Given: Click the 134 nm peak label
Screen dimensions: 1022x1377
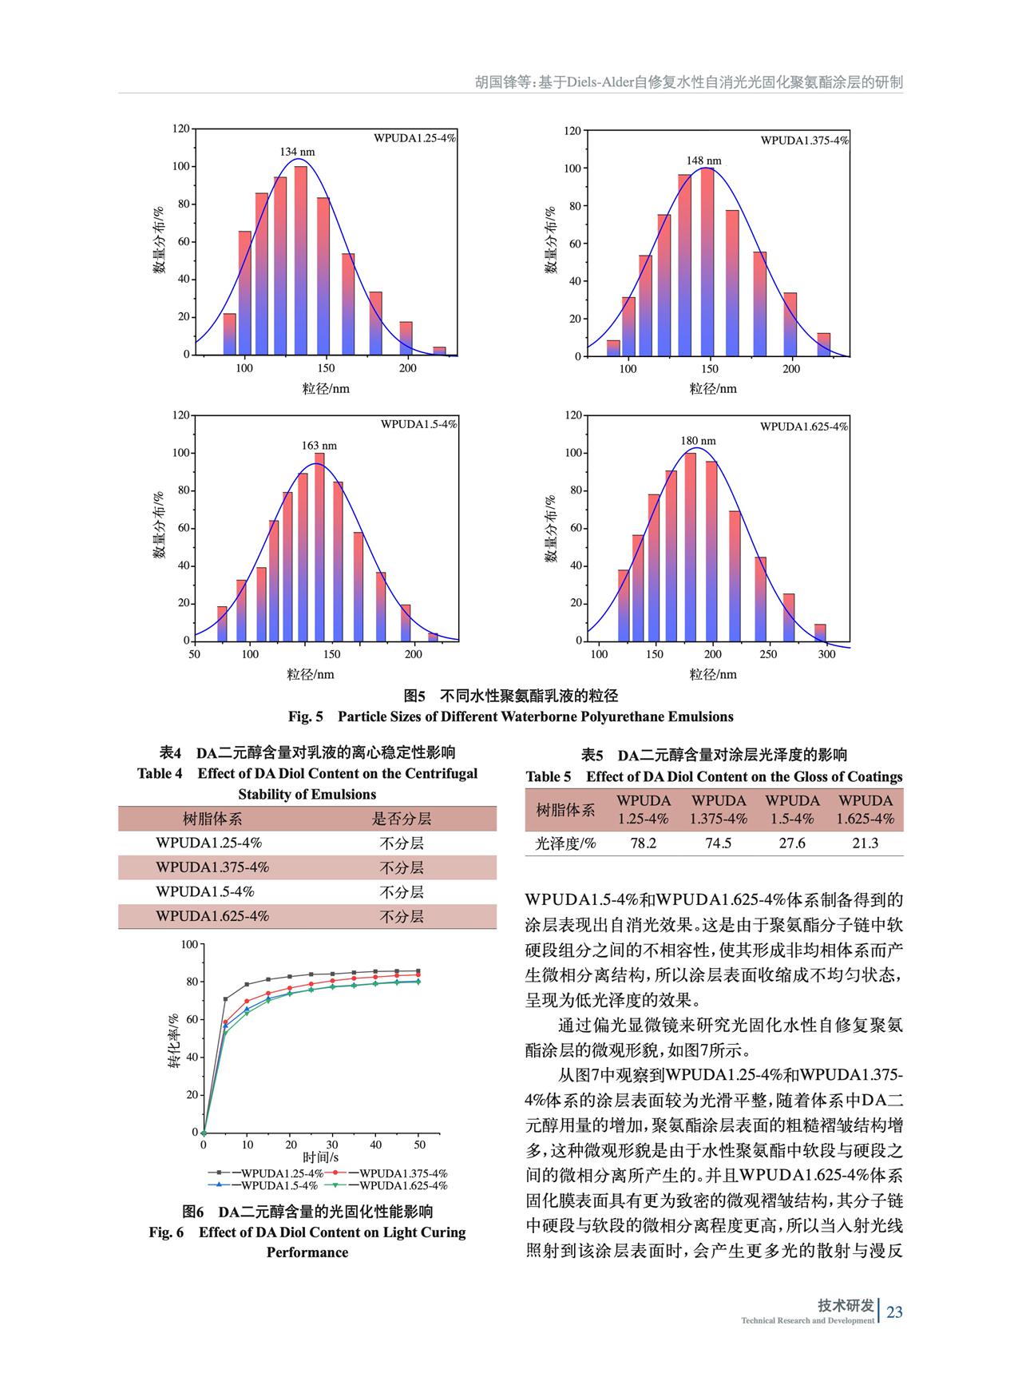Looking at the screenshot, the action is pos(297,152).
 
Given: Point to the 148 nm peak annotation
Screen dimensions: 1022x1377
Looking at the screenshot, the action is pos(704,161).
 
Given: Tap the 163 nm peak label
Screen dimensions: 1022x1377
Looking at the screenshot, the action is pos(319,446).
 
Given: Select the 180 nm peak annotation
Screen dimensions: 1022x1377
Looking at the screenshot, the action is pos(698,441).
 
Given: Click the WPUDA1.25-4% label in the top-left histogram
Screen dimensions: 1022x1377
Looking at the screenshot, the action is pos(415,137).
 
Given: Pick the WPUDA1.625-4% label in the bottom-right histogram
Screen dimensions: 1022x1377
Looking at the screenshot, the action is pos(804,427).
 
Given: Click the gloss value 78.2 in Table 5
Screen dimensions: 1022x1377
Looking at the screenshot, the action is pos(643,843).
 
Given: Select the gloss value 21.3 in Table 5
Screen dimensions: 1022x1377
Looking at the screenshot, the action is pos(866,843).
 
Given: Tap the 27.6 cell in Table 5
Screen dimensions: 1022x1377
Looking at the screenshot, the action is pos(792,843).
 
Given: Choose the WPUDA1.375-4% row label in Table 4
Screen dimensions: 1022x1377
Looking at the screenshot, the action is pos(212,867).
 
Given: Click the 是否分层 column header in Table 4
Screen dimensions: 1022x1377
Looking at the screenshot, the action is pos(402,819).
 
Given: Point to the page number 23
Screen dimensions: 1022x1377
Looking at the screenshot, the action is pos(894,1312).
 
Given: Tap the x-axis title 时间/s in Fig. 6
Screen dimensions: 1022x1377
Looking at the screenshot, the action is pos(321,1157).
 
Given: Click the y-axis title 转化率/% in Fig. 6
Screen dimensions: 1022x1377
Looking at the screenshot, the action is pos(173,1042).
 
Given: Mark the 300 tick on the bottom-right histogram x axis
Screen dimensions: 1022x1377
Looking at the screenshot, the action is pos(826,654).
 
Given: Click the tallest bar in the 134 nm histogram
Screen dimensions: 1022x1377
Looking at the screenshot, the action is pos(301,260).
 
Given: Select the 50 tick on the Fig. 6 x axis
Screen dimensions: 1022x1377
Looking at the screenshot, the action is pos(420,1145).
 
